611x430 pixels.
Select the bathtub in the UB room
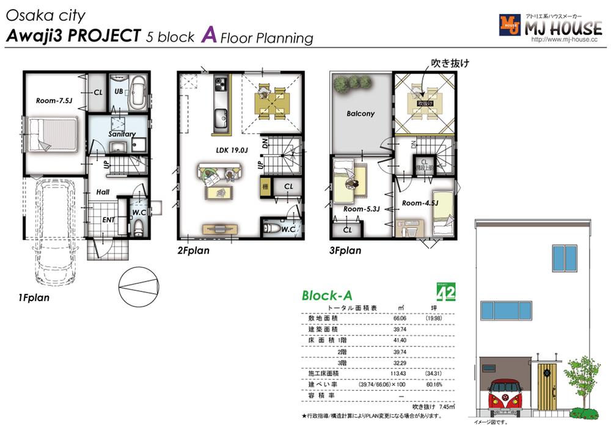click(x=136, y=91)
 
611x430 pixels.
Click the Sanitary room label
click(x=122, y=134)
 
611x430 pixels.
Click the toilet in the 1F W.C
click(x=139, y=228)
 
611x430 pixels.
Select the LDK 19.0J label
click(x=231, y=148)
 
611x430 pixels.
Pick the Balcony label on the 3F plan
click(x=360, y=114)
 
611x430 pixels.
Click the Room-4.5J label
click(x=419, y=202)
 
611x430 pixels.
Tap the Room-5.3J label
click(x=362, y=209)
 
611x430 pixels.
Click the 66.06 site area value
click(x=400, y=318)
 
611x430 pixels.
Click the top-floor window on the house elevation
click(x=565, y=258)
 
